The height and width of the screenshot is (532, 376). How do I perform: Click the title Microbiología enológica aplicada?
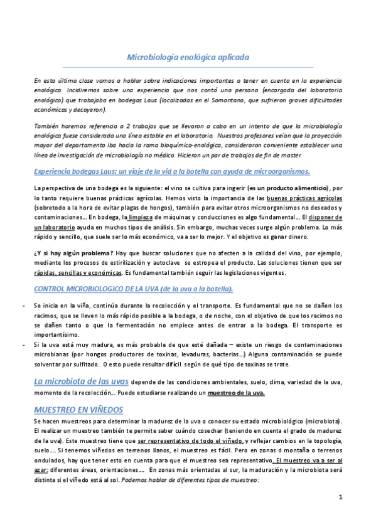pos(188,58)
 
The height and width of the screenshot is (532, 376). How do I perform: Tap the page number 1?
pos(340,497)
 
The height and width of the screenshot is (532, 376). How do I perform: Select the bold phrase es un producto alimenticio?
pos(287,188)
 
